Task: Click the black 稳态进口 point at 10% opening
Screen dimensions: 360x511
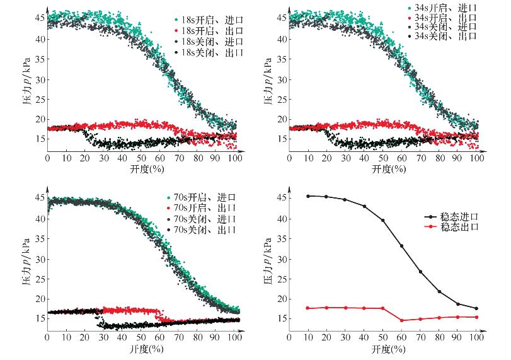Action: click(x=308, y=196)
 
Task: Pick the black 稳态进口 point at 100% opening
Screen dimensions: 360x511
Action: click(x=477, y=308)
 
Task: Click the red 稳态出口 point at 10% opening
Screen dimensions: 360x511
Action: click(x=308, y=308)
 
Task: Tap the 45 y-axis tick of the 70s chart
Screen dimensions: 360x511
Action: click(x=40, y=199)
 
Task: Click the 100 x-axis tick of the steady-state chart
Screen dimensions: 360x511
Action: click(x=477, y=338)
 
